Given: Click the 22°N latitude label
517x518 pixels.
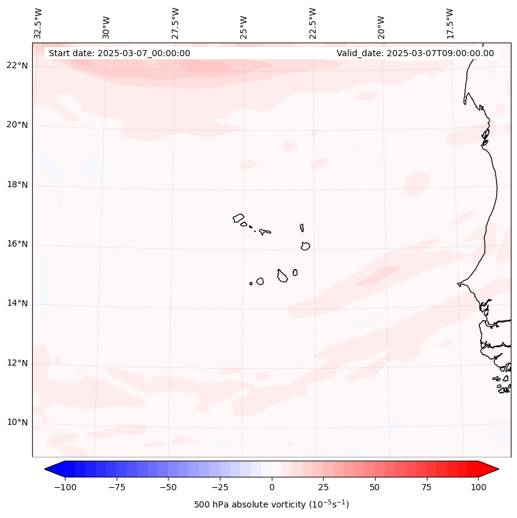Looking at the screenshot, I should tap(17, 66).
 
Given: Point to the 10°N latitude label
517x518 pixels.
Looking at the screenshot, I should tap(17, 423).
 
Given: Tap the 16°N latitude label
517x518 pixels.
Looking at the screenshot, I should tap(17, 244).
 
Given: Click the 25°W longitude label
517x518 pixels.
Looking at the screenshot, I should tap(244, 24).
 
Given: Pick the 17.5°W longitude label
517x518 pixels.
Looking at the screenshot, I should tap(450, 22).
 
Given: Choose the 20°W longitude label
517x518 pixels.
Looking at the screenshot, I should tap(381, 24).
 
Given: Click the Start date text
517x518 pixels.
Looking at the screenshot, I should tap(119, 53).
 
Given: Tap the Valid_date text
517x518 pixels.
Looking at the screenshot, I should tap(415, 53).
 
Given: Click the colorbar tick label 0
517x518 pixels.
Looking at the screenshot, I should tap(272, 488).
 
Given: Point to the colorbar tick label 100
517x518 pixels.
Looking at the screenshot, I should tap(478, 488).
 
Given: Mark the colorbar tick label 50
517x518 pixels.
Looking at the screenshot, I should tap(375, 488).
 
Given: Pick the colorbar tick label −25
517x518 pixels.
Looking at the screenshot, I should tap(220, 488).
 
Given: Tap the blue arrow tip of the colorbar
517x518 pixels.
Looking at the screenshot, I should tap(48, 470).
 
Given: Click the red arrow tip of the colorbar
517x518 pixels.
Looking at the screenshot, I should tap(495, 470).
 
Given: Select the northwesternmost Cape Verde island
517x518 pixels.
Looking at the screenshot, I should tap(238, 217).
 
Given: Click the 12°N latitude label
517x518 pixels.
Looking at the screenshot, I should tap(17, 364).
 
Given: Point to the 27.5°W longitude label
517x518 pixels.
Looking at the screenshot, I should tap(175, 22).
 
